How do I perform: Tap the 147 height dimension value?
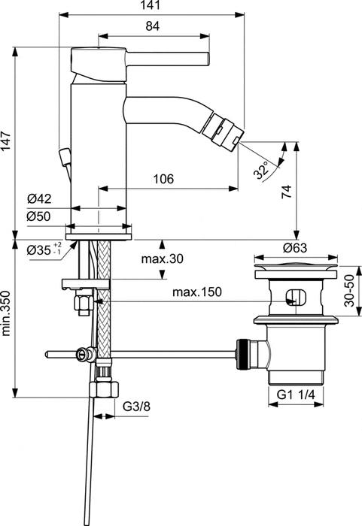(7, 143)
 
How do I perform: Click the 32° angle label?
(262, 170)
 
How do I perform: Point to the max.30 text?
(163, 259)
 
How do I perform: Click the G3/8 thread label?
(137, 407)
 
